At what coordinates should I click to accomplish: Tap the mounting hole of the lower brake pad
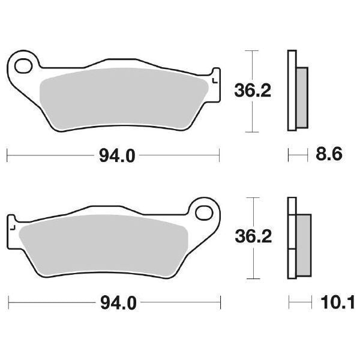pyautogui.click(x=206, y=213)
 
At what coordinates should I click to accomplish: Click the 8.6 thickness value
pyautogui.click(x=328, y=155)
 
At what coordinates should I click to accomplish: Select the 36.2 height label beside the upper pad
pyautogui.click(x=252, y=91)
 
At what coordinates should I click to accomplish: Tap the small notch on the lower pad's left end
pyautogui.click(x=10, y=226)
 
